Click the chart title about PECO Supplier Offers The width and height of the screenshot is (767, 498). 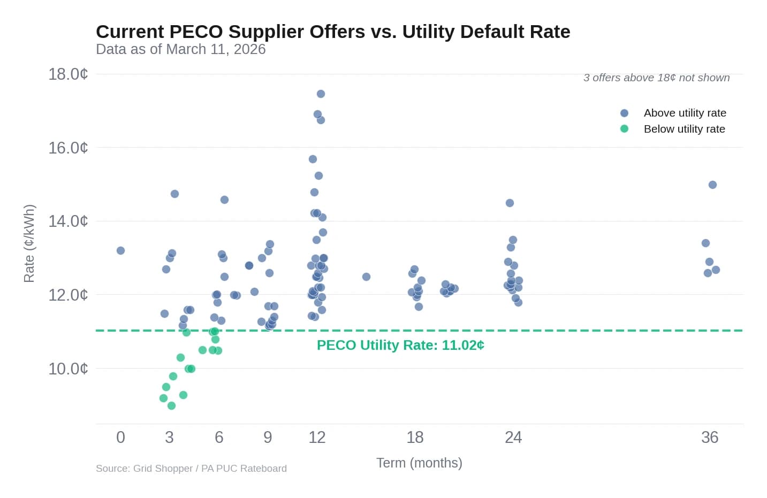pos(332,32)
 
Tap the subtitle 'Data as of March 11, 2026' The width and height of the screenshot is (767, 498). pos(180,49)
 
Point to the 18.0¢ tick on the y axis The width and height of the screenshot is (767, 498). pos(68,74)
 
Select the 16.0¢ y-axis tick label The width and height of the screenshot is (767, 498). pos(68,148)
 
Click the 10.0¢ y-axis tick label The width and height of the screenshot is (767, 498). pos(68,369)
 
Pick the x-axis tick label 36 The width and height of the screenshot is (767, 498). pos(709,438)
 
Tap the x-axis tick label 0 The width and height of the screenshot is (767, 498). pos(120,438)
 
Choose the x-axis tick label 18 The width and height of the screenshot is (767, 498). pos(415,438)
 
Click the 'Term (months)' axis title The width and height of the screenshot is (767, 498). pos(419,463)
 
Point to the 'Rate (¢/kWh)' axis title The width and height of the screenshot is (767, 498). pos(29,243)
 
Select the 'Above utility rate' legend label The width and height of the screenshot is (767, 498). pos(685,113)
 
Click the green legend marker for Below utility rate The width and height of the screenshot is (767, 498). pos(624,129)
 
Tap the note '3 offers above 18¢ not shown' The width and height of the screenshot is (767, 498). pos(656,78)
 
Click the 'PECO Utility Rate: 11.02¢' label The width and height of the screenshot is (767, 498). pos(400,345)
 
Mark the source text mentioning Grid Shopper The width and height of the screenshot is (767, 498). pos(191,469)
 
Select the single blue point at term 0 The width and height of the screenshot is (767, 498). pos(120,250)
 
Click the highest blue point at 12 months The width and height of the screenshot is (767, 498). pos(321,94)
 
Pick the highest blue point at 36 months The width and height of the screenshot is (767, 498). pos(712,185)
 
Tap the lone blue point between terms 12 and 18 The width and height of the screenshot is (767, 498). pos(366,277)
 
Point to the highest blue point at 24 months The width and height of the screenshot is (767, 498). pos(510,203)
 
